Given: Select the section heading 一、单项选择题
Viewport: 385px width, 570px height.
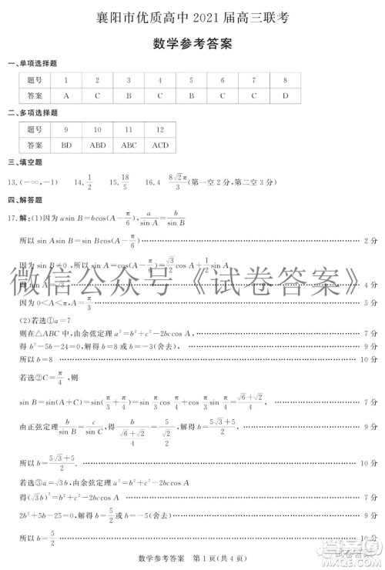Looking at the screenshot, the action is tap(32, 63).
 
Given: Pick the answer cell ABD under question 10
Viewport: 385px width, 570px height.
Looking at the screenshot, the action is tap(97, 145).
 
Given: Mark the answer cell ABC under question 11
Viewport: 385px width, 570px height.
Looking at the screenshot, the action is tap(129, 145).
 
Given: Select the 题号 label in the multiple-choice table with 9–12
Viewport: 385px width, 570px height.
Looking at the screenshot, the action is tap(34, 129).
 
